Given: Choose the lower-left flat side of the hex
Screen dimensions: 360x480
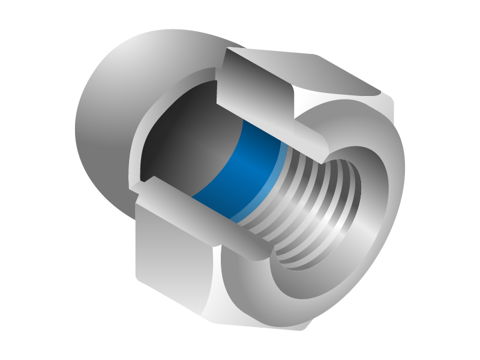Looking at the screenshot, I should pos(174,252).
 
